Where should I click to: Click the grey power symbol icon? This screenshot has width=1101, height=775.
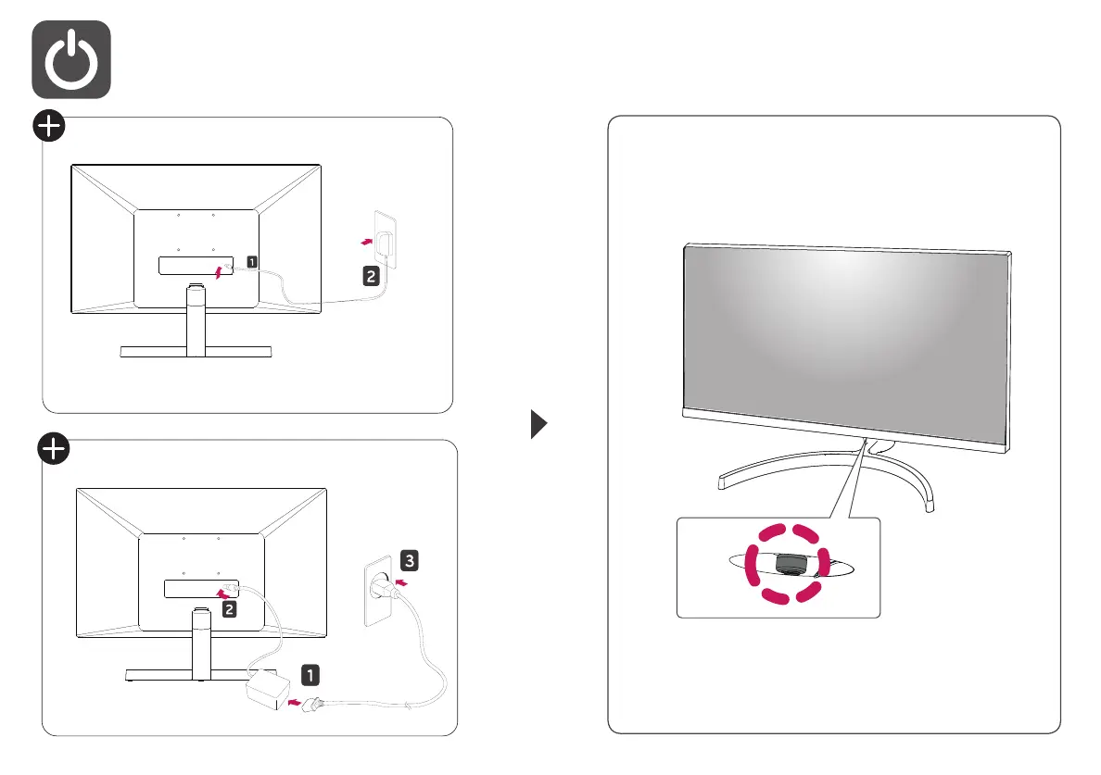[71, 59]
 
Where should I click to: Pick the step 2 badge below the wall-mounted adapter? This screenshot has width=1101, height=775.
[368, 275]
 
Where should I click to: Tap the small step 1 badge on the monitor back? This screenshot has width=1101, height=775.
[251, 262]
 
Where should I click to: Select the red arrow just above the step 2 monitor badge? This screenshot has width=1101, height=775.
[221, 592]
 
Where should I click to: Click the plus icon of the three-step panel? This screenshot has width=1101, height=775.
[55, 451]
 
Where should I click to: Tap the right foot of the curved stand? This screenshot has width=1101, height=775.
[928, 504]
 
